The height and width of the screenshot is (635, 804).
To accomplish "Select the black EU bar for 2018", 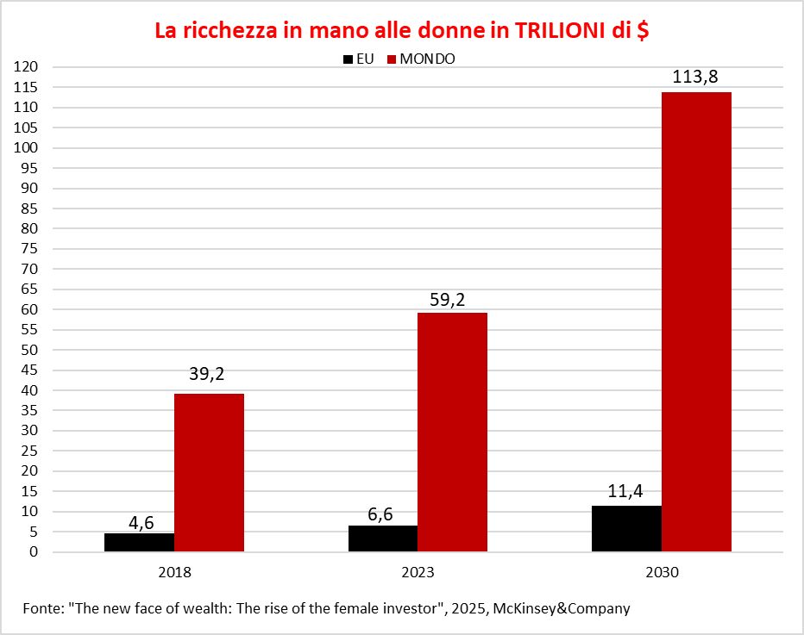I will point(139,543).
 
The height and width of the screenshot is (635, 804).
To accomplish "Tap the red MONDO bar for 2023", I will point(452,432).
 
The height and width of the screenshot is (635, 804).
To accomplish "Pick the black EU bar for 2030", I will point(626,529).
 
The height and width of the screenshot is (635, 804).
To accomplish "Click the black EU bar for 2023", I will point(382,539).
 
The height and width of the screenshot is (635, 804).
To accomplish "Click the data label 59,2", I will point(452,299).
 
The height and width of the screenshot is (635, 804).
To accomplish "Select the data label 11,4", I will point(626,492).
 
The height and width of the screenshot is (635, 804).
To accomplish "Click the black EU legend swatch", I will point(348,59).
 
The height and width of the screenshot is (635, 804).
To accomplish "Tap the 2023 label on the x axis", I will point(418,572).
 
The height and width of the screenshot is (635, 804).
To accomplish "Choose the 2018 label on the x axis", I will point(174,572).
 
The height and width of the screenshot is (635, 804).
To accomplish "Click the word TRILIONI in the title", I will point(564,30).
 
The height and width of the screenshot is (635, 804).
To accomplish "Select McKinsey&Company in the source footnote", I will point(562,608).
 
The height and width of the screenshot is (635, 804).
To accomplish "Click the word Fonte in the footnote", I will point(43,608).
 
